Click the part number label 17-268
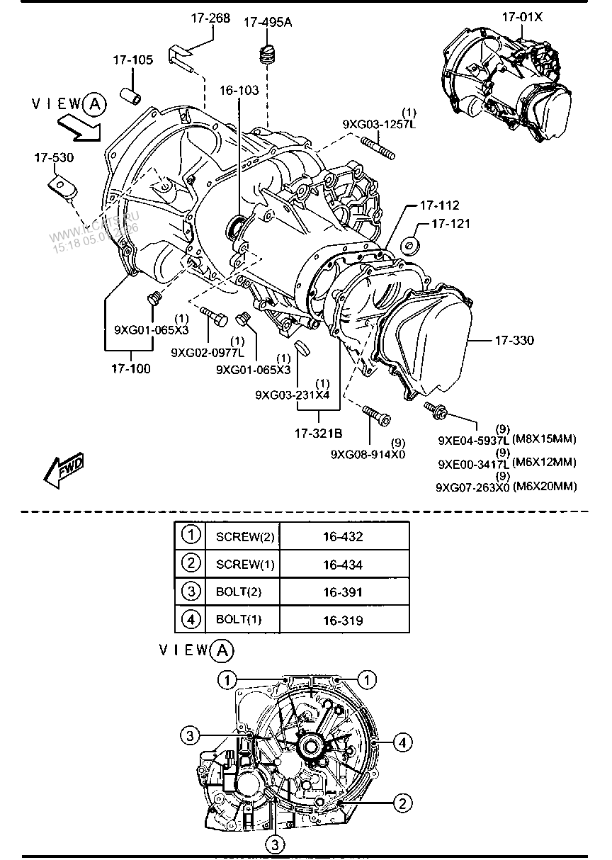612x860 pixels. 210,18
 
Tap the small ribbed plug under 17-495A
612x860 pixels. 267,54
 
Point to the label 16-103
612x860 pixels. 239,90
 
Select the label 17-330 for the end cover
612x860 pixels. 515,341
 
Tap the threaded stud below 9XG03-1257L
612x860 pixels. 378,149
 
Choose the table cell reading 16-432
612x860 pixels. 343,537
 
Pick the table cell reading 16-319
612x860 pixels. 343,621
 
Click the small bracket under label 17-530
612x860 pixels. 62,186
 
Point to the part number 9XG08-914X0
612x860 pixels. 368,454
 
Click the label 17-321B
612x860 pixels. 319,431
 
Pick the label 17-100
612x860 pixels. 130,368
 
